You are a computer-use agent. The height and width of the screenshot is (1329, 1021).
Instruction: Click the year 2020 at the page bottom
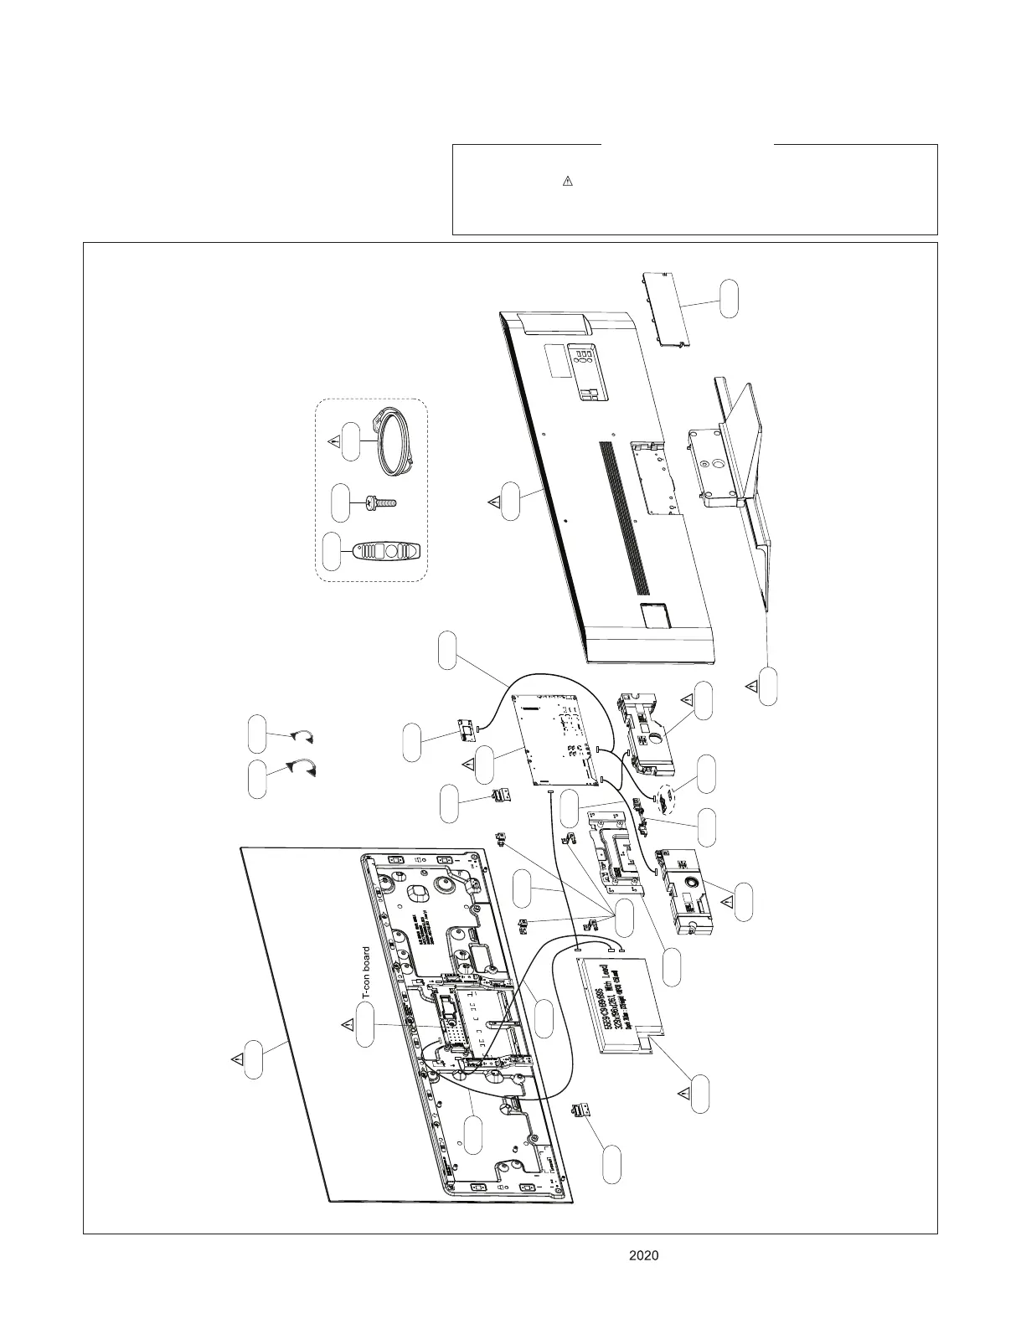click(x=643, y=1255)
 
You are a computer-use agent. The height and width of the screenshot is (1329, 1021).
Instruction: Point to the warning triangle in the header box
click(x=567, y=181)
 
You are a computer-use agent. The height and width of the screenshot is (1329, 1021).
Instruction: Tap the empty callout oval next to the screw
click(x=341, y=502)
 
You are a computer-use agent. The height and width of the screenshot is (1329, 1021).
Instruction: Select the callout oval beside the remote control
click(x=333, y=551)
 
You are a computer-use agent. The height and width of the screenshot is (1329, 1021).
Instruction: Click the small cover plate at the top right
click(x=668, y=308)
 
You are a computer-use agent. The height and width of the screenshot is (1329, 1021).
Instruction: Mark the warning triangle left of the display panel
click(x=238, y=1059)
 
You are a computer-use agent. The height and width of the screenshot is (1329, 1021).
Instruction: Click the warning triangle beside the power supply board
click(x=684, y=1094)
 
